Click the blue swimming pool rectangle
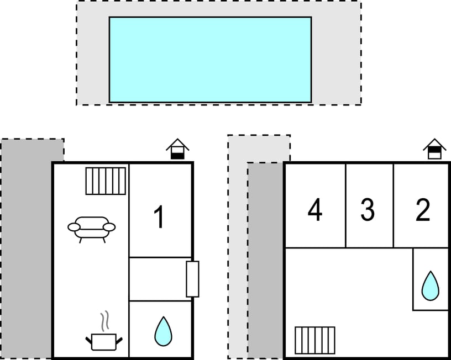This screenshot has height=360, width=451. click(210, 60)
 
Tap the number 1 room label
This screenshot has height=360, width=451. click(159, 217)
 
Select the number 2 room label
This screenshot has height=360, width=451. click(423, 210)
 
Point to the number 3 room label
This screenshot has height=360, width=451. click(368, 210)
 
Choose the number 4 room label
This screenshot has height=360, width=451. click(315, 210)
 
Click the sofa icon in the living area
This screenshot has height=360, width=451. click(91, 229)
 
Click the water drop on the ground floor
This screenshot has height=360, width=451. click(164, 332)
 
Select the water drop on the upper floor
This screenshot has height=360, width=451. click(431, 286)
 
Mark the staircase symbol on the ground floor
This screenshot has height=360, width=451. click(106, 181)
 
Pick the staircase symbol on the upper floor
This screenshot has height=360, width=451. click(315, 341)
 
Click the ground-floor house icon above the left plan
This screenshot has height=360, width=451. click(177, 149)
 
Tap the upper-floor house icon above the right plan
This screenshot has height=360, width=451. click(434, 149)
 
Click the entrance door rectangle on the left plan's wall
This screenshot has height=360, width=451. click(192, 279)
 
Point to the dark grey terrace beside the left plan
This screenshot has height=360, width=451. click(27, 248)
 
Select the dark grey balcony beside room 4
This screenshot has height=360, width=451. click(265, 260)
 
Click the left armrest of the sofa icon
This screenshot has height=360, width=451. click(74, 227)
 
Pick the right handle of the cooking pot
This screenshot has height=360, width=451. click(119, 341)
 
